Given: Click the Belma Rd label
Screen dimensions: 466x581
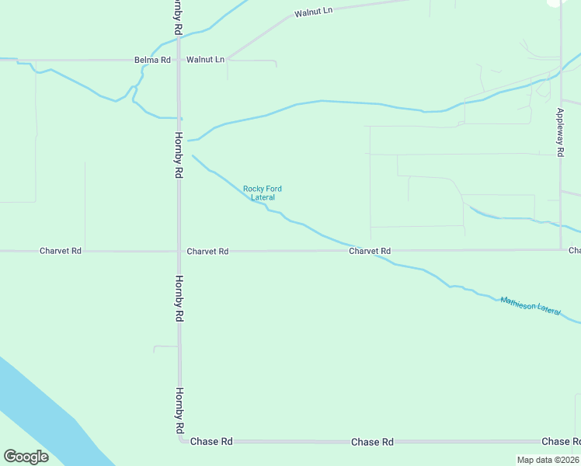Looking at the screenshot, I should [152, 60].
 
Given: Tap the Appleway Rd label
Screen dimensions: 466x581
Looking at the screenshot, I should [559, 132].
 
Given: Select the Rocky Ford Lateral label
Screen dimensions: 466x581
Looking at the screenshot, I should [263, 193].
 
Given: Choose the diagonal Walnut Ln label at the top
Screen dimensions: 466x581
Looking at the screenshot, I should [313, 13].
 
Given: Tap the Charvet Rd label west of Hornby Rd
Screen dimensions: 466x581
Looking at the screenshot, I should [61, 251].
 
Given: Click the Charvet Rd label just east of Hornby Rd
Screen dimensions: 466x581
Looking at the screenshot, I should [207, 252].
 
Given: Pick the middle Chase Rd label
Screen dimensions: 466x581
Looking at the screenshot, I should [371, 442].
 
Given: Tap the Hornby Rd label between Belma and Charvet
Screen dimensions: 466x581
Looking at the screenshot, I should [178, 155].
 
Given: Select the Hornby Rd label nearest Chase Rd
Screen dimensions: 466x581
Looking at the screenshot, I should [179, 410].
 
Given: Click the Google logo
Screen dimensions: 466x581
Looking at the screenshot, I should [25, 457].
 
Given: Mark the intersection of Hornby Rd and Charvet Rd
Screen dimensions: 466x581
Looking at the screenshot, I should [179, 251].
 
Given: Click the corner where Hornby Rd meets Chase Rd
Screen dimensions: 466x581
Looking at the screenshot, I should [180, 440].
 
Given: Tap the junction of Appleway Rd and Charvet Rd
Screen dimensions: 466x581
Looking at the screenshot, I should [561, 249].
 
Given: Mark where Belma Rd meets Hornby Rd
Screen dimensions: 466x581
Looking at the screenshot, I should [178, 60].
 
